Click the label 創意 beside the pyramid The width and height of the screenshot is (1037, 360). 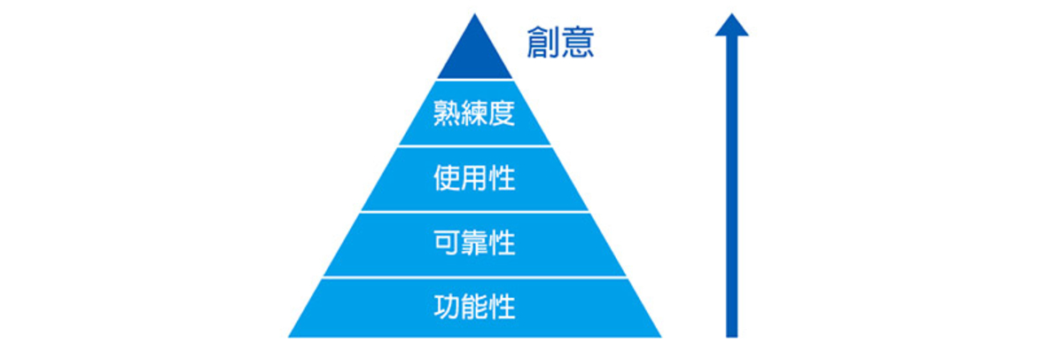[560, 43]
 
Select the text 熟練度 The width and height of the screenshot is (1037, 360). [474, 113]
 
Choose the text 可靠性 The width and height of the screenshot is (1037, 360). [474, 244]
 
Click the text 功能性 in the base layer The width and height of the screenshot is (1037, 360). [474, 307]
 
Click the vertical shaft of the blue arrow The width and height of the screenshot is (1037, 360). [731, 186]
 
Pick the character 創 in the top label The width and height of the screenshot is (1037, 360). [543, 43]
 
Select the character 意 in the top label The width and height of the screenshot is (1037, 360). [577, 43]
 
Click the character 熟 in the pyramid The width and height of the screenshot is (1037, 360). [447, 113]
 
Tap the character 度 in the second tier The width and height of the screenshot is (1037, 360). [502, 113]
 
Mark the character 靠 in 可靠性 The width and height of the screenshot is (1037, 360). [474, 244]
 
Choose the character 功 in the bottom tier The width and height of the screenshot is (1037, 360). [447, 307]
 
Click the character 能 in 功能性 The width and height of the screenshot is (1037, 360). [474, 307]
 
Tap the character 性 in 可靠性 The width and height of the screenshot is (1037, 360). [502, 244]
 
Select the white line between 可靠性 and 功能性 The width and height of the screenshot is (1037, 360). [474, 278]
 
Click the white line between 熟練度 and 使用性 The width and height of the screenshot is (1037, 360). [474, 145]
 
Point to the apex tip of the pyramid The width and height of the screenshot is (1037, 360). [475, 14]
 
